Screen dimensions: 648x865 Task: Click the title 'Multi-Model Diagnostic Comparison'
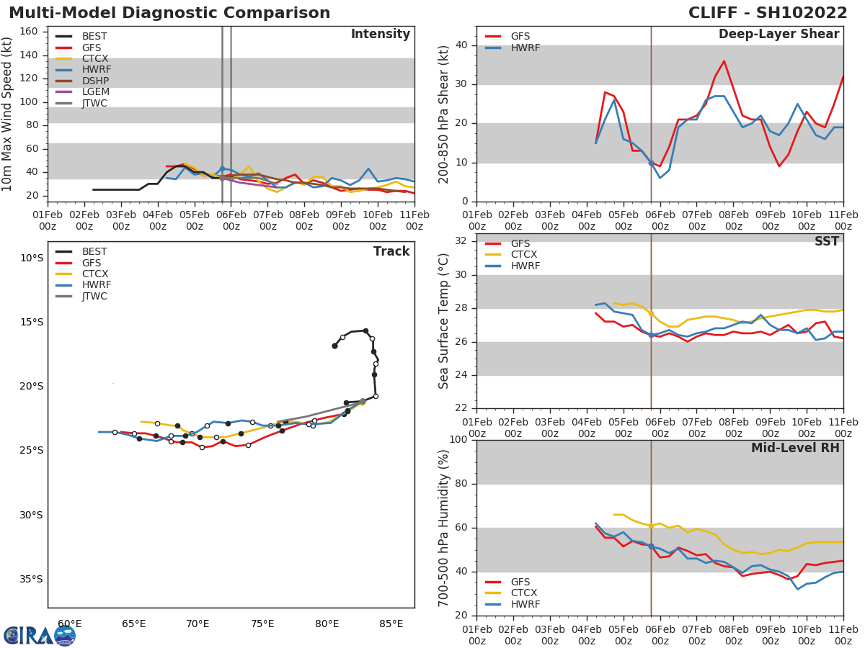point(169,13)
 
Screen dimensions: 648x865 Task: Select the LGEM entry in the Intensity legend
point(96,92)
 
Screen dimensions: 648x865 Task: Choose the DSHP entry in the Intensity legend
point(95,81)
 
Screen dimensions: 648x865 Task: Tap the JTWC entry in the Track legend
point(95,297)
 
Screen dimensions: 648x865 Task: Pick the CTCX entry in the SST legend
point(524,255)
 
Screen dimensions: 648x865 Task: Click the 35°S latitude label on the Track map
point(31,579)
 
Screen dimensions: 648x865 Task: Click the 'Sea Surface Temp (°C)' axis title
point(444,321)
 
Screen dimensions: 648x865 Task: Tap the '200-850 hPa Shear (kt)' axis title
point(444,114)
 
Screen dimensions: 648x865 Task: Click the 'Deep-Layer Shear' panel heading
point(778,35)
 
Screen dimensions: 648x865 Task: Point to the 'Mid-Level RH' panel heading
point(795,448)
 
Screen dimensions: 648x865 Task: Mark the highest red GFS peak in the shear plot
point(724,60)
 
